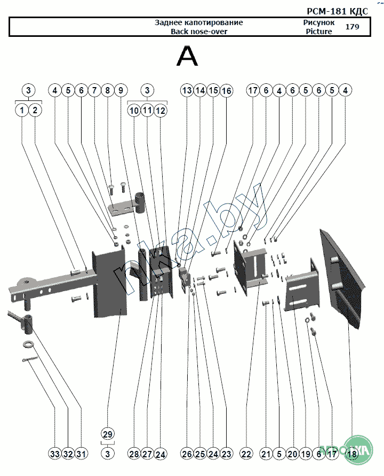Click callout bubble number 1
[x=22, y=111]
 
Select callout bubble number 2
[x=35, y=111]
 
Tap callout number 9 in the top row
[x=120, y=91]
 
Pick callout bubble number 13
[x=187, y=91]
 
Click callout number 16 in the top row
[x=226, y=91]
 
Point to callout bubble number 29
[x=108, y=434]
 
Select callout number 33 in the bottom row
[x=55, y=454]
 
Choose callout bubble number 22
[x=246, y=454]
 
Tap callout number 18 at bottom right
[x=351, y=454]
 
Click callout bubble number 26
[x=187, y=454]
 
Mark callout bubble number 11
[x=147, y=111]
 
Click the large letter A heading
[x=187, y=57]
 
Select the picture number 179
[x=352, y=27]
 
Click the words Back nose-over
[x=198, y=32]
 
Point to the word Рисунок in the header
[x=318, y=22]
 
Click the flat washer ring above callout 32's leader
[x=28, y=343]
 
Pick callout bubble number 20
[x=292, y=454]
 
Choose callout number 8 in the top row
[x=107, y=91]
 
